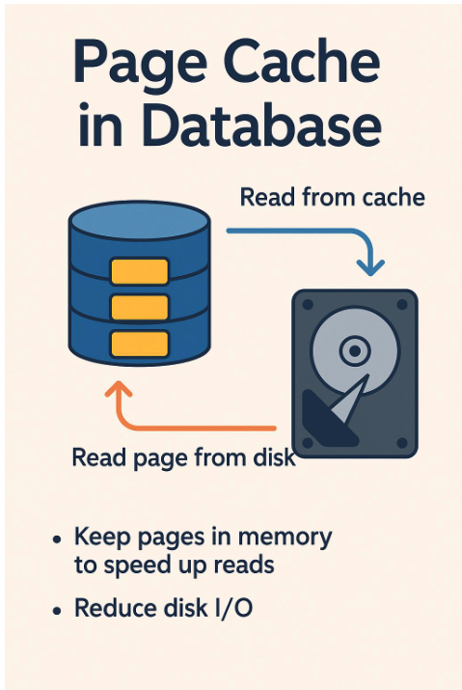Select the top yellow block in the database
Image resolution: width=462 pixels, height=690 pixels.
pos(140,272)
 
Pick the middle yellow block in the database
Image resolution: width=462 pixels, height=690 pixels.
pos(140,307)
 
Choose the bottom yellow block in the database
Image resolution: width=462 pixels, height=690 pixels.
pos(140,342)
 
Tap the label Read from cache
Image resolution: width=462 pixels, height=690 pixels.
pos(332,198)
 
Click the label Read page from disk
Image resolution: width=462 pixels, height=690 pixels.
pos(183,457)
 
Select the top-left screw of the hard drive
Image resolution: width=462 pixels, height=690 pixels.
pos(307,302)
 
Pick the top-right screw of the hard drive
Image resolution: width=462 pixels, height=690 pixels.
pos(404,302)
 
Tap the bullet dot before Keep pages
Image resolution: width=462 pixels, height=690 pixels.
pos(60,538)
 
